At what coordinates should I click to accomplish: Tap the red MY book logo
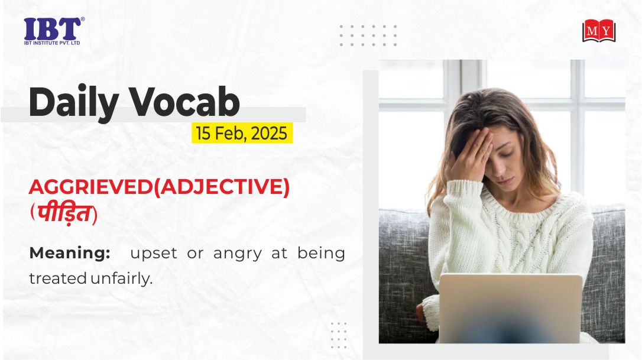[599, 31]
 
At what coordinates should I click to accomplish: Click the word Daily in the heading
[74, 102]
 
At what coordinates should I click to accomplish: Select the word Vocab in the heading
[184, 102]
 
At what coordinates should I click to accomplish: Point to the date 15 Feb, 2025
[242, 133]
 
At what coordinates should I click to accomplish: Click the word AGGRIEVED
[90, 187]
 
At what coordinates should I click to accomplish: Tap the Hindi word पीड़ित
[64, 213]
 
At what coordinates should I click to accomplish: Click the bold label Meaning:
[70, 253]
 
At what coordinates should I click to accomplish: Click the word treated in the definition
[58, 278]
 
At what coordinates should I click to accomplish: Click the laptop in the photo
[510, 308]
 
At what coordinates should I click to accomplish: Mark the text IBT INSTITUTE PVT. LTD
[52, 43]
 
